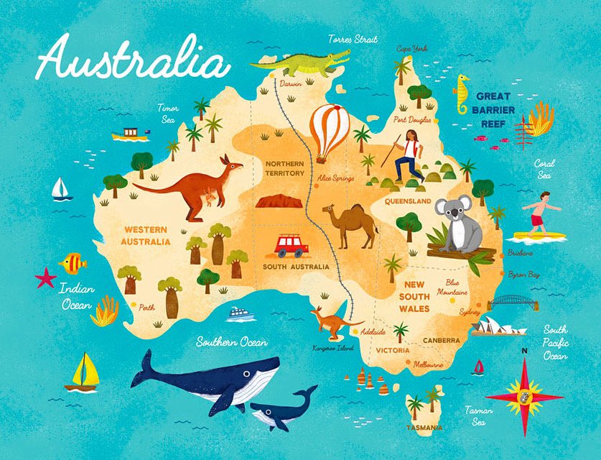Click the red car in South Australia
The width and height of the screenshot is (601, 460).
[x=292, y=246]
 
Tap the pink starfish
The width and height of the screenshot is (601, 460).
[x=46, y=277]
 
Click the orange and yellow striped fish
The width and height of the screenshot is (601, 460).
[x=73, y=263]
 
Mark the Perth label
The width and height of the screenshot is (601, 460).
[x=146, y=307]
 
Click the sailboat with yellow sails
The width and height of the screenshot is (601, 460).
[x=83, y=372]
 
